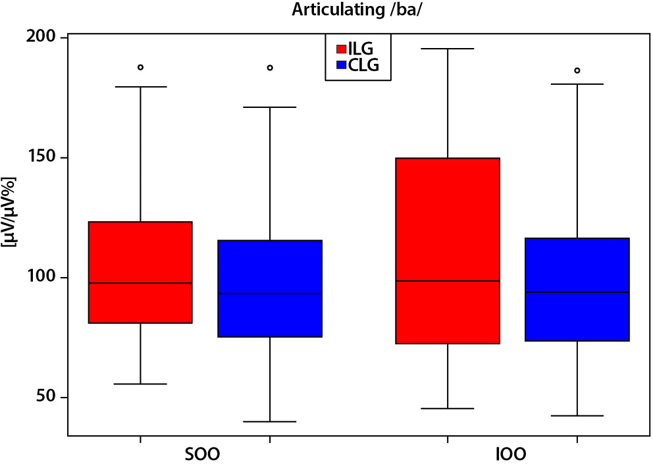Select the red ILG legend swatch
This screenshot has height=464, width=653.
point(342,49)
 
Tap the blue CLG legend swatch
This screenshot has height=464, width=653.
point(342,64)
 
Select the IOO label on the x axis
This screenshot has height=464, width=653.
point(511,455)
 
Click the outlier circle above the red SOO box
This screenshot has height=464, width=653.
point(140,67)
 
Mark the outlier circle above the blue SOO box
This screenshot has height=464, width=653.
point(270,68)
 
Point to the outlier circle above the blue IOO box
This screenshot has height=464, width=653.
point(577,70)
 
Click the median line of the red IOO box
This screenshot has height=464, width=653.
point(448,281)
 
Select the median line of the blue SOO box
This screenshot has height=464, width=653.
point(270,294)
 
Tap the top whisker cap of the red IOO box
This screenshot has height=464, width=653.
point(448,49)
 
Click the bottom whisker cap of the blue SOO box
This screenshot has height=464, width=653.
point(270,421)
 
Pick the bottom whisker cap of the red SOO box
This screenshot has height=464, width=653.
point(140,384)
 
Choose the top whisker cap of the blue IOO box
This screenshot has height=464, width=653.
point(577,84)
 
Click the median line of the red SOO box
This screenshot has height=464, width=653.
point(140,283)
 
